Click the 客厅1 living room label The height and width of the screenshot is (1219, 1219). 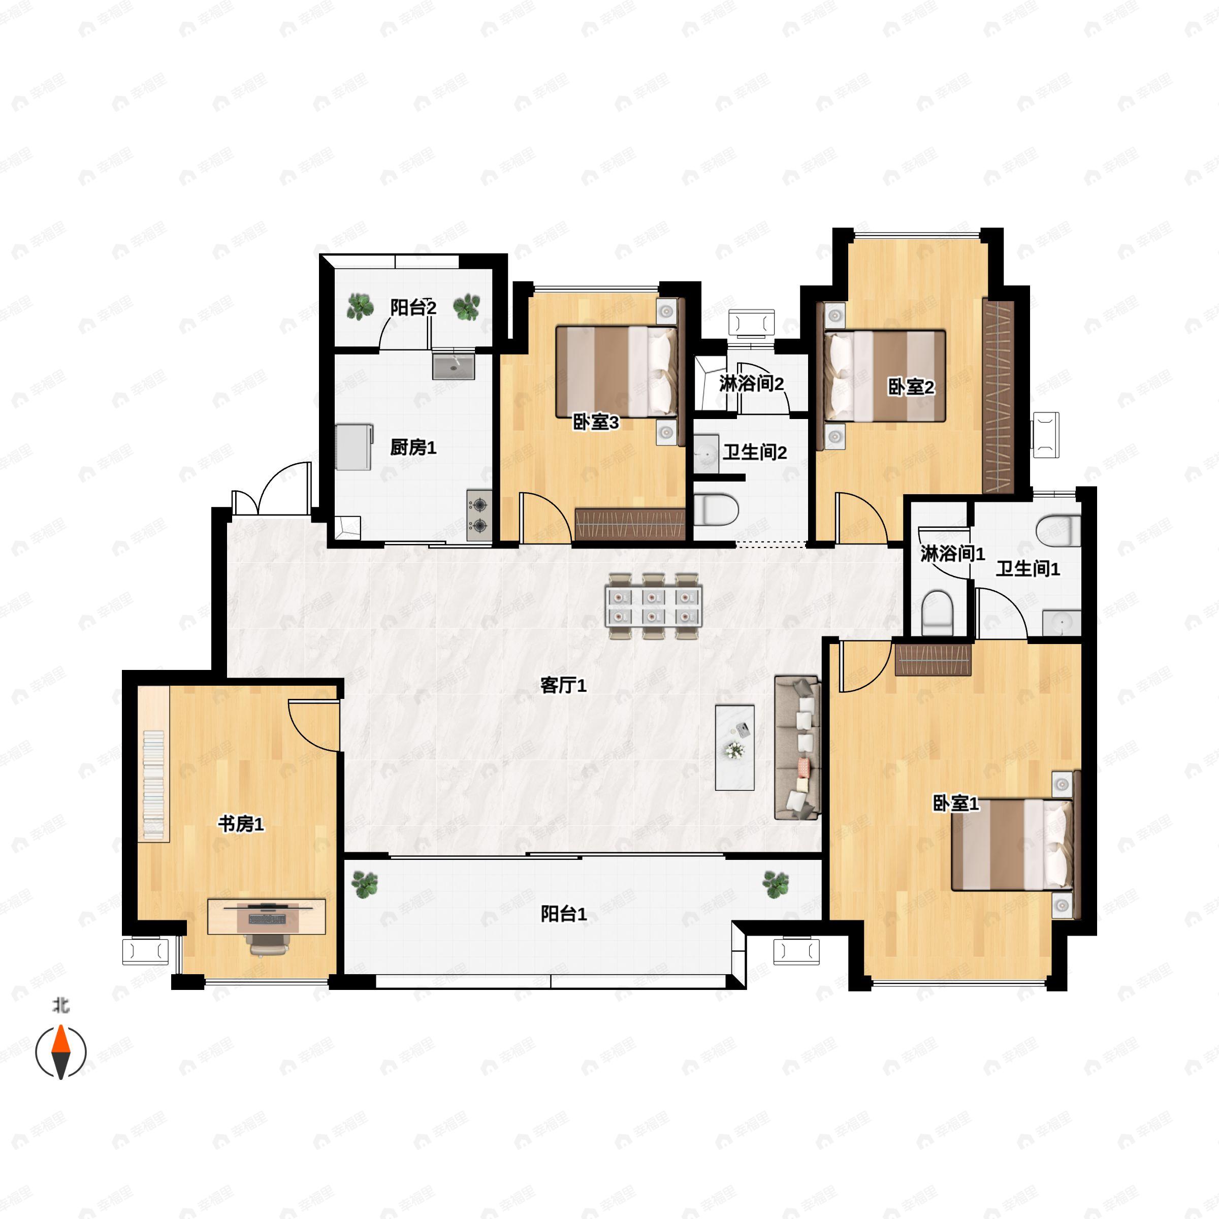(x=563, y=685)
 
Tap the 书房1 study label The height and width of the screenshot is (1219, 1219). (x=241, y=823)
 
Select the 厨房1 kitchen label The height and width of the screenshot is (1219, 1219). (x=413, y=447)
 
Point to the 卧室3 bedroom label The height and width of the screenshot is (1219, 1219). (x=596, y=422)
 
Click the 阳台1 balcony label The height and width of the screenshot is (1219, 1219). (x=563, y=914)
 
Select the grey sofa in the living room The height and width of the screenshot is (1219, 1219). (x=797, y=748)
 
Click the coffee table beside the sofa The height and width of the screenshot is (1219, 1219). (x=734, y=748)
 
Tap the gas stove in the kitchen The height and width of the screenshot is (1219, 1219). (x=479, y=515)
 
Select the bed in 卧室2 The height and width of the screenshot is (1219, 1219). (x=884, y=375)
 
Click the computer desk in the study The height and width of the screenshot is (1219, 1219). (x=267, y=917)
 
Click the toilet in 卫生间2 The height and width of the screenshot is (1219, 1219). (x=716, y=510)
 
